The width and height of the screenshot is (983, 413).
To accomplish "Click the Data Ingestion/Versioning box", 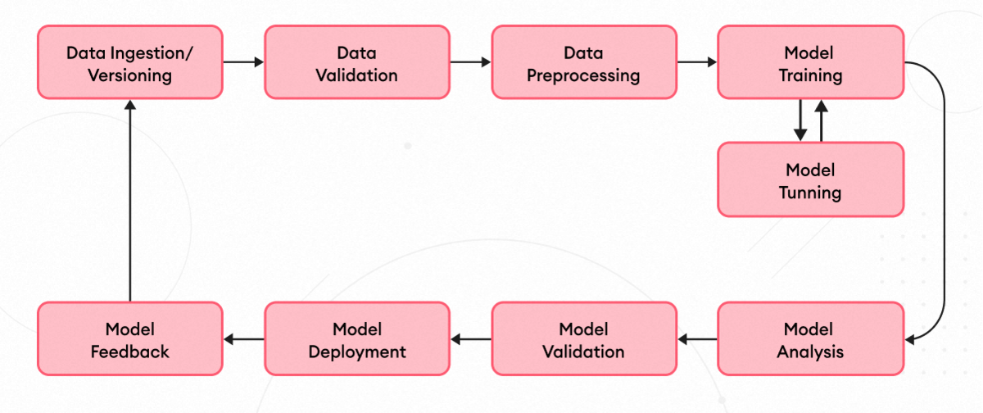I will (x=130, y=62).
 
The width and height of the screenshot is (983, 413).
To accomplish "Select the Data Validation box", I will (x=357, y=62).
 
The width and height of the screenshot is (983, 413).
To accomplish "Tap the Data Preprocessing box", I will (x=583, y=62).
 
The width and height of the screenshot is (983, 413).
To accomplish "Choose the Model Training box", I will (x=810, y=62).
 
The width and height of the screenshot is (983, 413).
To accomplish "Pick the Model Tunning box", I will (x=810, y=179).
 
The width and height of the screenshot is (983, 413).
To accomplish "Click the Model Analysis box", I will (x=810, y=339).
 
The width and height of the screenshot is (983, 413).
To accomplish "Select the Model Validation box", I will (x=583, y=339).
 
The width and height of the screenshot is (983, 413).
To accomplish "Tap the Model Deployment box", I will (x=357, y=339).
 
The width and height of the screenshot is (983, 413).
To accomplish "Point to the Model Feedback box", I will (x=130, y=339).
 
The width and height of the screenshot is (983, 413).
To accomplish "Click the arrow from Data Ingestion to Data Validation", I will (x=243, y=62).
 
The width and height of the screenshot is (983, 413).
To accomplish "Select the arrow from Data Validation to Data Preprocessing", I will (x=470, y=62).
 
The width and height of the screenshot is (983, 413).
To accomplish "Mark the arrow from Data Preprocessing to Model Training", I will (x=697, y=62).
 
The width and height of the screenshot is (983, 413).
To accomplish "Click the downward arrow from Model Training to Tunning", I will (x=800, y=120).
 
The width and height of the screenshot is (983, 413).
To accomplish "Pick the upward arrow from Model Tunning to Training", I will (x=822, y=120).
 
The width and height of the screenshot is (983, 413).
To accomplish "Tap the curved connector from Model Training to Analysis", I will (x=944, y=201).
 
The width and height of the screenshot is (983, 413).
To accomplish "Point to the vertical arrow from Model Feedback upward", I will (x=130, y=201).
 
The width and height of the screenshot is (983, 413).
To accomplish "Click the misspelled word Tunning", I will (x=810, y=193).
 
